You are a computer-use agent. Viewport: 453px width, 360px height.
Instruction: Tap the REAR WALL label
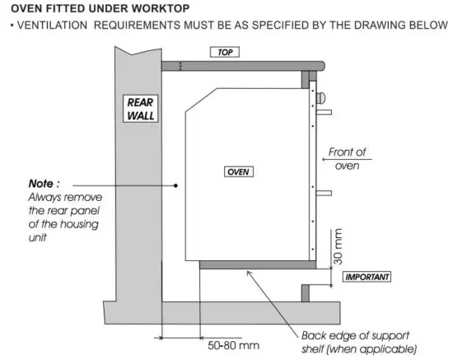coord(141,109)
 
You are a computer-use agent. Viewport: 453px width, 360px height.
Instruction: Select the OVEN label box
coord(239,171)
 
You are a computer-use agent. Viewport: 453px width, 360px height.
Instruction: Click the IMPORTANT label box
coord(366,276)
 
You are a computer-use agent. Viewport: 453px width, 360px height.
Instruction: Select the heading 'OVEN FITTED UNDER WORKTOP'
coord(100,8)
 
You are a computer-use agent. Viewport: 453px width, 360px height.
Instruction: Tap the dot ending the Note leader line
coord(176,185)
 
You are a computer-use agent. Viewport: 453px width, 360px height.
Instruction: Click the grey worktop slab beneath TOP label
coord(239,65)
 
